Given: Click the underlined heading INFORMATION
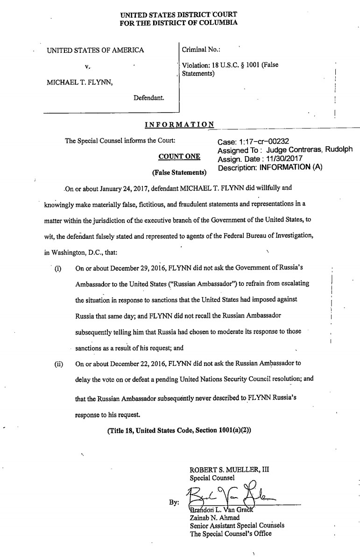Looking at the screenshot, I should pos(180,125).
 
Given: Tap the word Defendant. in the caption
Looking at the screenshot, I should pos(148,98).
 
